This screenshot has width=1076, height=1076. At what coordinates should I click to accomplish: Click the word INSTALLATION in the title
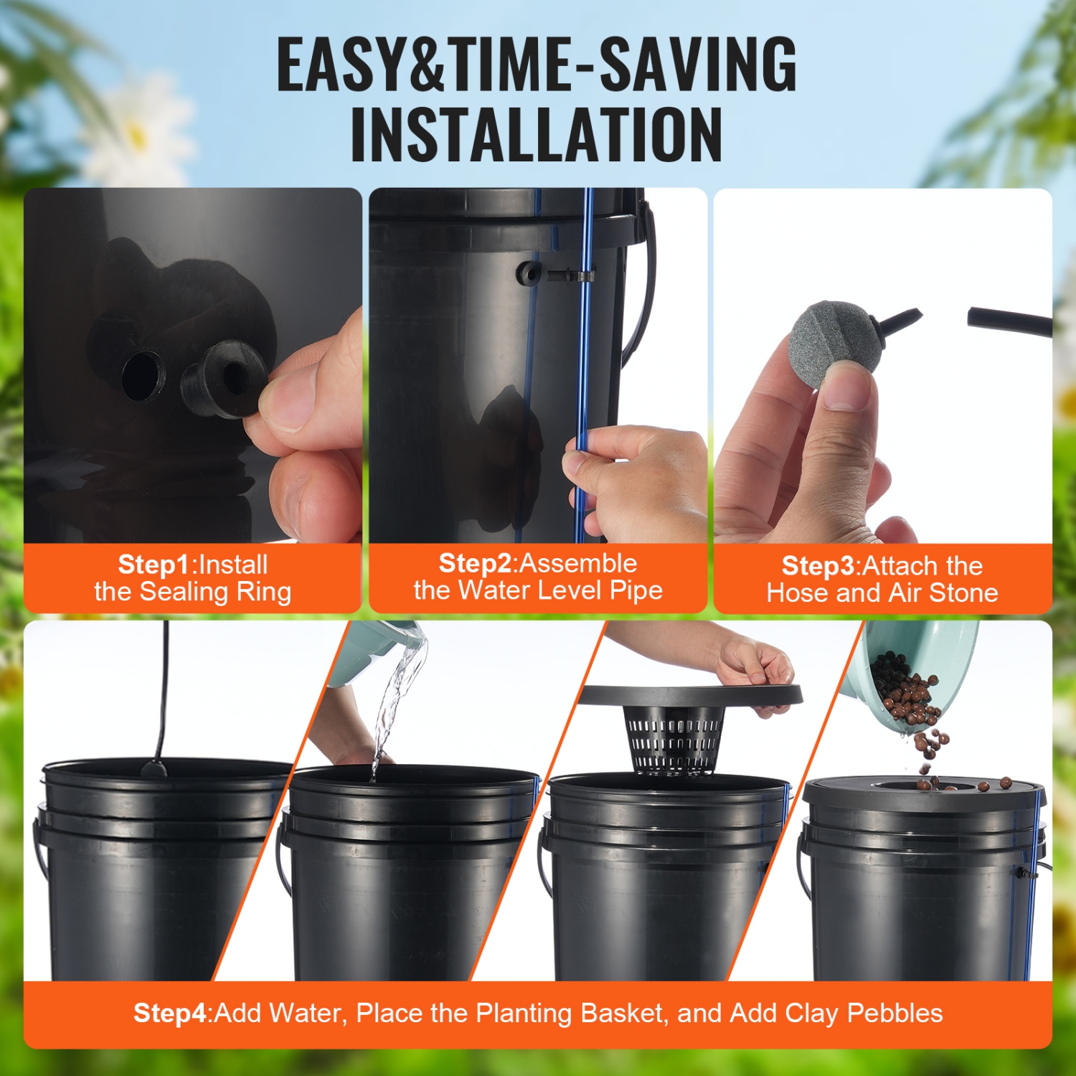pyautogui.click(x=537, y=135)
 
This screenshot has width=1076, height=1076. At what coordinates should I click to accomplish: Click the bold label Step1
pyautogui.click(x=154, y=565)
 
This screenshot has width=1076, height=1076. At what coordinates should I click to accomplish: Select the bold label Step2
pyautogui.click(x=475, y=563)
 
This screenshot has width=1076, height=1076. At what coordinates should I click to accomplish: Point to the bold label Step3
pyautogui.click(x=818, y=566)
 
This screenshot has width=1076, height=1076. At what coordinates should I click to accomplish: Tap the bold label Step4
pyautogui.click(x=171, y=1013)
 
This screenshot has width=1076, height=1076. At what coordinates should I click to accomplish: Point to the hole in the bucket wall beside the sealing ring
pyautogui.click(x=142, y=374)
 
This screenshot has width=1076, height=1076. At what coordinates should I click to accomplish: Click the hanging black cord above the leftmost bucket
pyautogui.click(x=166, y=689)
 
